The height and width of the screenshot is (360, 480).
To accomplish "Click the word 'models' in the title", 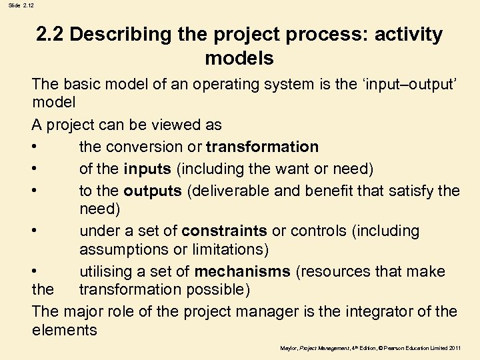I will click(239, 58).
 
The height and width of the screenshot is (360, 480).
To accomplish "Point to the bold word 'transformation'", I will click(262, 147).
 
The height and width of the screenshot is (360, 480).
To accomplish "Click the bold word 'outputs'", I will click(153, 191).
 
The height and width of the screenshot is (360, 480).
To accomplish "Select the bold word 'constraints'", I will click(224, 231).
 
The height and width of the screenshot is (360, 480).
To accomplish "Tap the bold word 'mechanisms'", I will click(242, 272).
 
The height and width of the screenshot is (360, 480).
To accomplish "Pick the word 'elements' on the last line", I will click(64, 330).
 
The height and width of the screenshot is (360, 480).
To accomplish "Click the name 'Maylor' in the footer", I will click(289, 348).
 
